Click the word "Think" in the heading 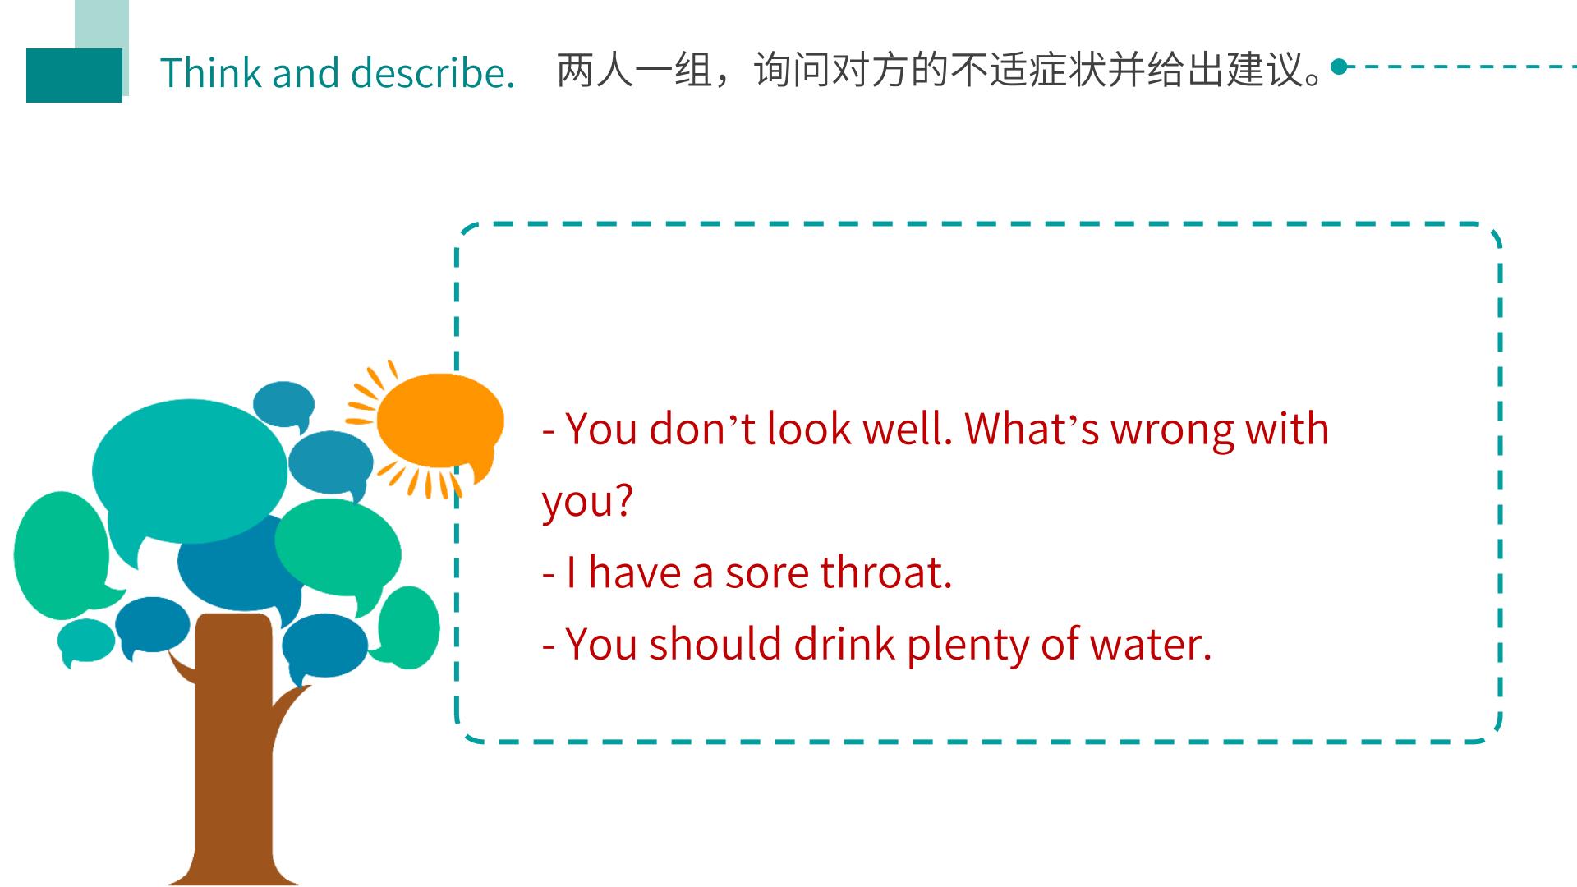pyautogui.click(x=210, y=72)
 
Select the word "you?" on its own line pyautogui.click(x=587, y=502)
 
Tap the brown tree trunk pyautogui.click(x=234, y=747)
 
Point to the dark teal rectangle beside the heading pyautogui.click(x=74, y=76)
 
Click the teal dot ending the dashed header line pyautogui.click(x=1340, y=67)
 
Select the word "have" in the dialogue pyautogui.click(x=634, y=572)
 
